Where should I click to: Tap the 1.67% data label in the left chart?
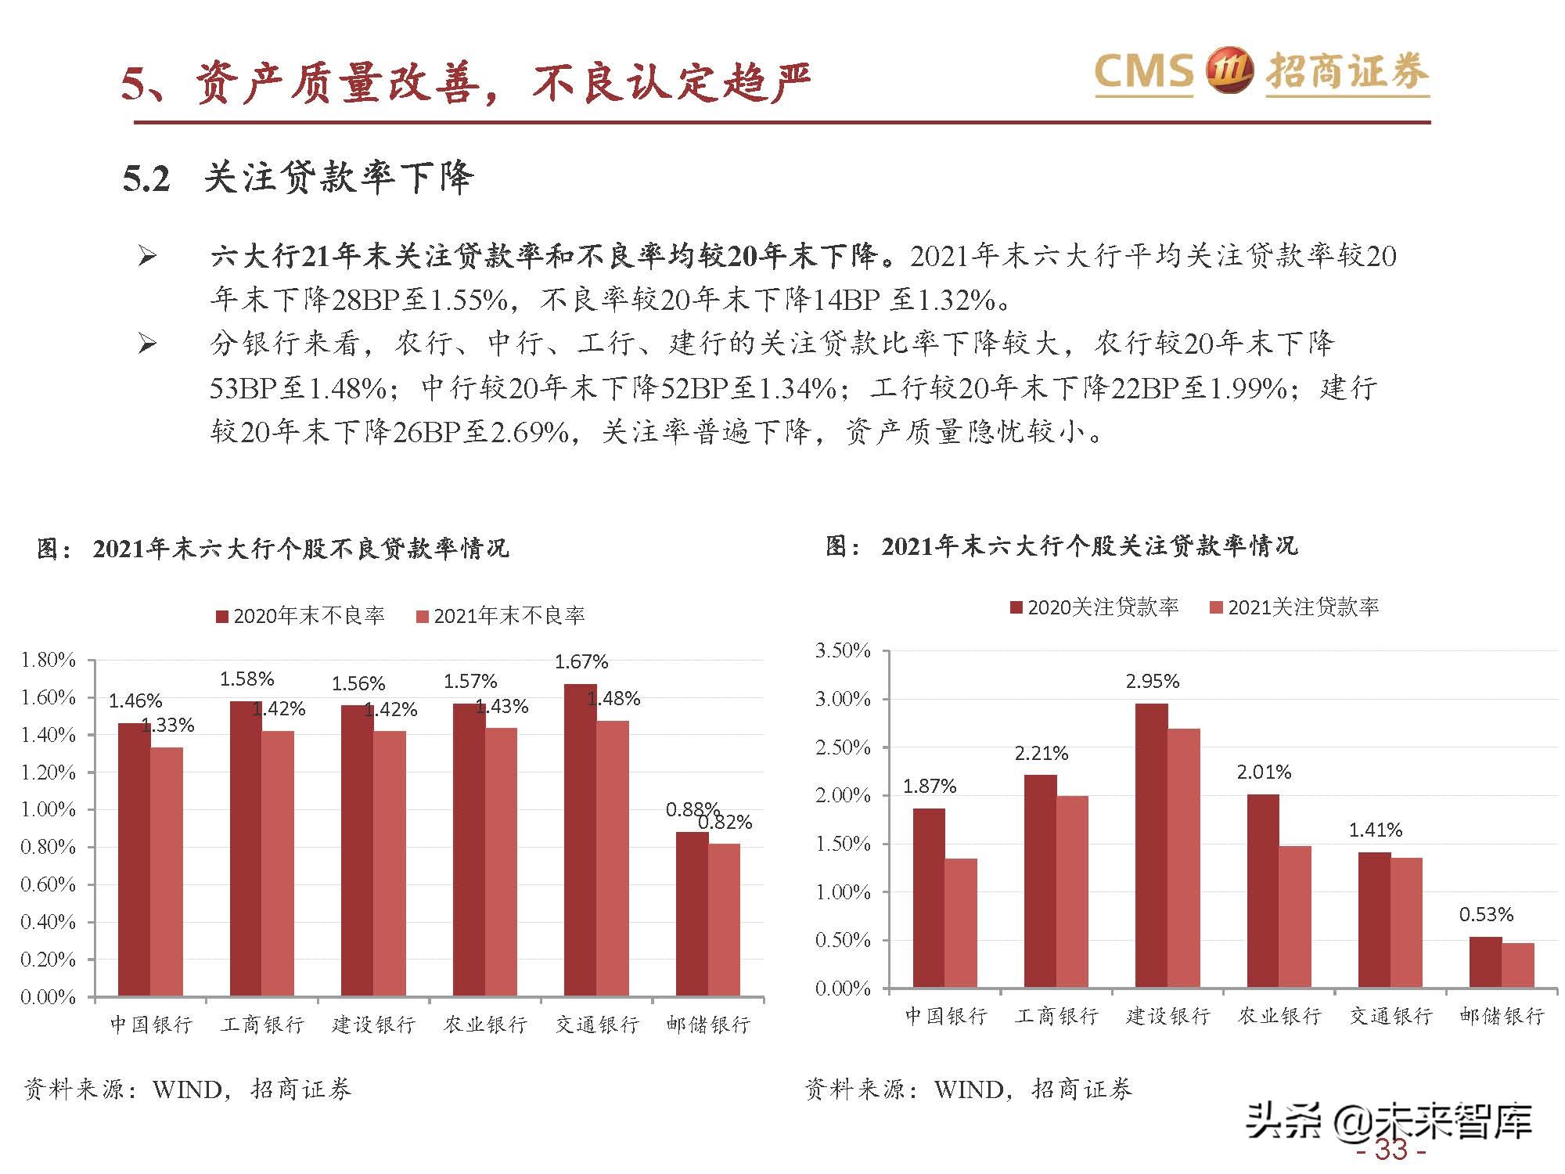[581, 662]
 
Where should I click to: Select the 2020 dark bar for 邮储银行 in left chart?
[692, 913]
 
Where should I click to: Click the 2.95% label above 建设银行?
[1153, 682]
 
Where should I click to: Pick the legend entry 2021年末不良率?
[501, 616]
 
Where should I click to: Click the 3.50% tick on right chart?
[843, 650]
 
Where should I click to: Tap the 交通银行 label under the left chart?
[597, 1025]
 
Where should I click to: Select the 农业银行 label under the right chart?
[1279, 1016]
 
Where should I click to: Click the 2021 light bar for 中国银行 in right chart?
[960, 923]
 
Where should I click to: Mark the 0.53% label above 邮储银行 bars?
[1486, 914]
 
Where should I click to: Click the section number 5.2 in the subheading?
[146, 178]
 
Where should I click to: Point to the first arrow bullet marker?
[147, 256]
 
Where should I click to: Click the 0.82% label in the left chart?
[725, 823]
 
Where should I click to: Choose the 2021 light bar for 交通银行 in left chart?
[612, 858]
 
